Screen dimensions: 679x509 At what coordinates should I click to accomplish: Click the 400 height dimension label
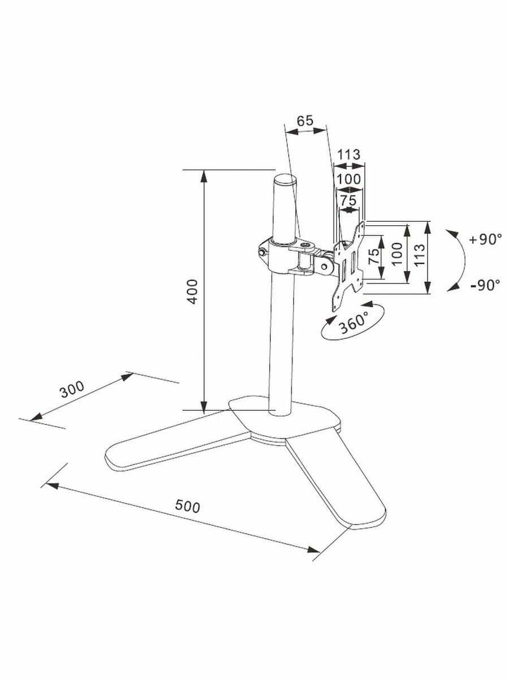point(192,291)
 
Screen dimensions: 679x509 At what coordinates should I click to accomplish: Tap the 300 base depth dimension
point(72,390)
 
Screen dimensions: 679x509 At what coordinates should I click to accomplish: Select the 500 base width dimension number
point(188,506)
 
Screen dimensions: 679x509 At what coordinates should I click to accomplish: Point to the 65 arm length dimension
point(305,120)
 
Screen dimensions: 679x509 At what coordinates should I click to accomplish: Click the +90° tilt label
point(485,239)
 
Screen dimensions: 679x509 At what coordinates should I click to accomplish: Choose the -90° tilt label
point(485,285)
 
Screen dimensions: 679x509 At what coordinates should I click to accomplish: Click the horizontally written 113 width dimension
point(349,154)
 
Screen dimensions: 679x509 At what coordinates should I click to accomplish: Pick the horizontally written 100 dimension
point(349,179)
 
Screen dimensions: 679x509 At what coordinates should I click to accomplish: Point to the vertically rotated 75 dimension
point(374,257)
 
